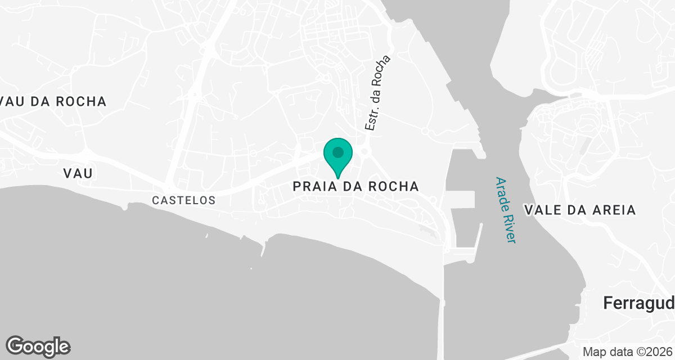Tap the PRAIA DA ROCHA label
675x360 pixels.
356,187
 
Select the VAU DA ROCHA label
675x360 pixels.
53,102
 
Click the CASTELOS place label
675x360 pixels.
184,200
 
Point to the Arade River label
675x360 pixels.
505,210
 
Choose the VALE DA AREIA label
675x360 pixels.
580,210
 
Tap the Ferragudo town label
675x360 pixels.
639,303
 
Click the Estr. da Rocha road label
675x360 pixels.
377,93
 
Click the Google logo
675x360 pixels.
38,346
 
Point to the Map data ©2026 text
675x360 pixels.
627,352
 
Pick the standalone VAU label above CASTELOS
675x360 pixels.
78,173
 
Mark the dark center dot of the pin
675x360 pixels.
338,152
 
